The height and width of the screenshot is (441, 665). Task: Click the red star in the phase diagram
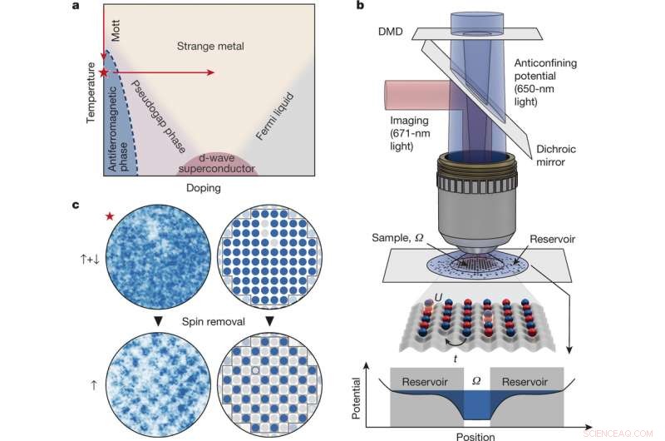(104, 73)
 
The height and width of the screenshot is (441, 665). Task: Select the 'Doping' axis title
(204, 187)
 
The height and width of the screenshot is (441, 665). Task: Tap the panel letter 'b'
(359, 7)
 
